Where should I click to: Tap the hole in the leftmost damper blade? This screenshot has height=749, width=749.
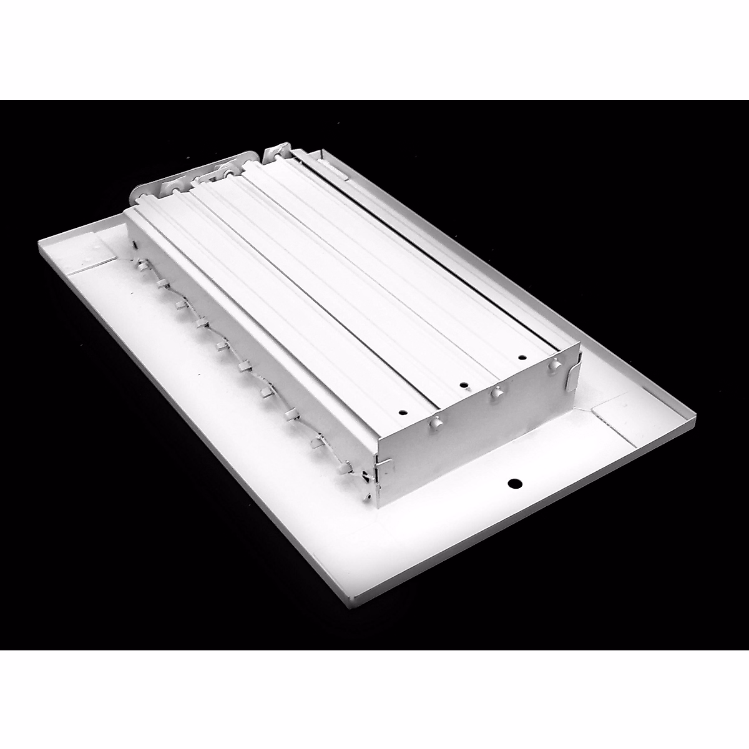(403, 412)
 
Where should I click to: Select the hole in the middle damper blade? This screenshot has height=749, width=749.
(464, 385)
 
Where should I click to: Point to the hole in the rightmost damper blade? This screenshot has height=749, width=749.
(521, 358)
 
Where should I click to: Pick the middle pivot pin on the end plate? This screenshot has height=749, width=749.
(497, 393)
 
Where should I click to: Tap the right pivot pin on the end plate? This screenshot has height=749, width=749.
(552, 368)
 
